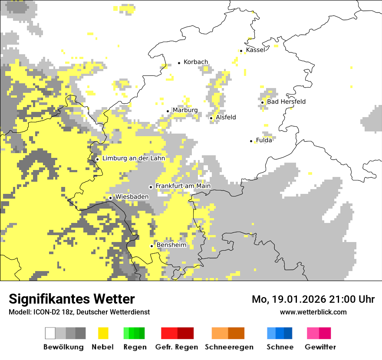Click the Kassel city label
tap(255, 50)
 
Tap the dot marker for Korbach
tap(179, 63)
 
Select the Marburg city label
tap(185, 110)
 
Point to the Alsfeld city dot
tap(211, 118)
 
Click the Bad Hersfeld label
tap(286, 102)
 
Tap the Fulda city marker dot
tap(251, 141)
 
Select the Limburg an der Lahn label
tap(133, 158)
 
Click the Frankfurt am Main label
tap(183, 186)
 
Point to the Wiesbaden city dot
tap(111, 198)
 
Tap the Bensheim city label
tap(171, 245)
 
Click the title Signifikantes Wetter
tap(72, 299)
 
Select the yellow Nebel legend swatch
tap(103, 333)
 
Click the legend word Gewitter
tap(320, 347)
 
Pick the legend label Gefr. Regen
tap(177, 347)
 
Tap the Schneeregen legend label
tap(229, 347)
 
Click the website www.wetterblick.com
tap(313, 312)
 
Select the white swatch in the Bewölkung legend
tap(50, 333)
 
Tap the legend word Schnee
tap(280, 347)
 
